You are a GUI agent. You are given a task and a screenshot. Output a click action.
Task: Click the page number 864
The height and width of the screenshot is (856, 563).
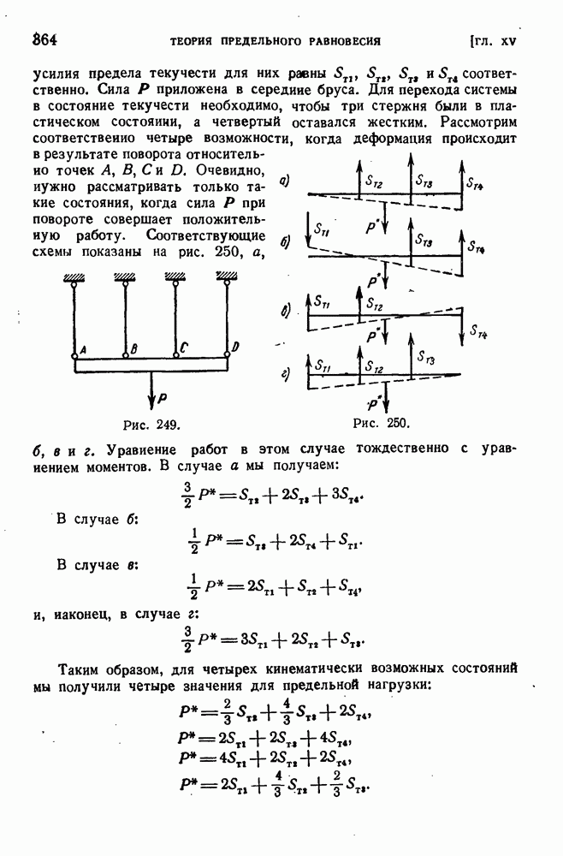pos(44,39)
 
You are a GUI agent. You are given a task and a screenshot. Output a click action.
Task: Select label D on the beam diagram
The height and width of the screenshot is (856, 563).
pos(235,346)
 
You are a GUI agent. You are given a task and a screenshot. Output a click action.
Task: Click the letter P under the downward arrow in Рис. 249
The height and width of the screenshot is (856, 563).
pos(163,398)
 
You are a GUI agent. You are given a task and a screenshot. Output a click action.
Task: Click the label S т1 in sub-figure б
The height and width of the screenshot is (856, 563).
pos(322,230)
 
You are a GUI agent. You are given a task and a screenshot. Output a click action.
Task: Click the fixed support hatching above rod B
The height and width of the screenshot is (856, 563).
pos(126,275)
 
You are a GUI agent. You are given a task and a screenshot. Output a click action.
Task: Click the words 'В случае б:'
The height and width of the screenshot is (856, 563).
pos(98,519)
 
